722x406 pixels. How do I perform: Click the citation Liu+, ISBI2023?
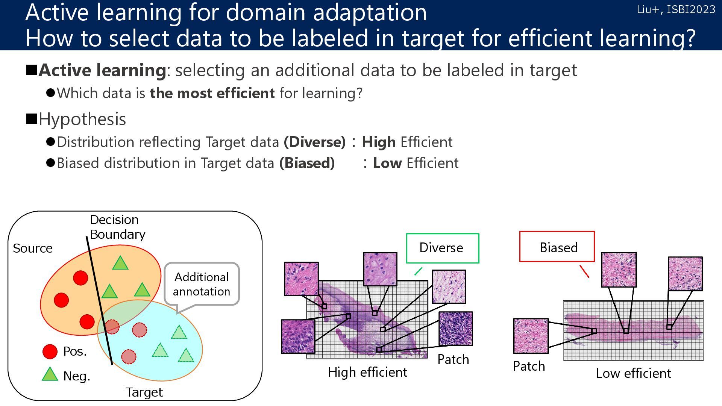[x=676, y=9]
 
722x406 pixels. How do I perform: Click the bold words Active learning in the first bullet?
[x=102, y=70]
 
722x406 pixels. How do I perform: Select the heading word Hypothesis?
[x=82, y=119]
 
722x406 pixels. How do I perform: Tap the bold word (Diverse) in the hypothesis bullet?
[x=315, y=142]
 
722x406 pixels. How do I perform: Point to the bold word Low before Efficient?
[x=387, y=163]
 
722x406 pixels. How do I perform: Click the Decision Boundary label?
[x=117, y=227]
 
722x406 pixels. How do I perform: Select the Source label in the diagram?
[x=33, y=248]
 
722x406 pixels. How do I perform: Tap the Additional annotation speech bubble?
[x=202, y=284]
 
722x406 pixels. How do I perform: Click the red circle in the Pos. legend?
[x=50, y=351]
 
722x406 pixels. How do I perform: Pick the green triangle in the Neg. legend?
[x=50, y=375]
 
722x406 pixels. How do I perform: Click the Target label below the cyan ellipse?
[x=144, y=392]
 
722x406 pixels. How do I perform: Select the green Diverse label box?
[x=442, y=248]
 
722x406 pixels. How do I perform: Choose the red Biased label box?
[x=557, y=247]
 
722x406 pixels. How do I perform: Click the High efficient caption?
[x=367, y=372]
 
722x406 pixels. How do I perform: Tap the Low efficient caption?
[x=633, y=373]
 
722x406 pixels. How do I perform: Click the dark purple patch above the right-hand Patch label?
[x=455, y=329]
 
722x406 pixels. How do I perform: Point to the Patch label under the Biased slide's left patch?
[x=529, y=366]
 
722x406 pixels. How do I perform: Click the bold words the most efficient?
[x=212, y=93]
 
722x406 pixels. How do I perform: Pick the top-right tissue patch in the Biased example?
[x=685, y=274]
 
